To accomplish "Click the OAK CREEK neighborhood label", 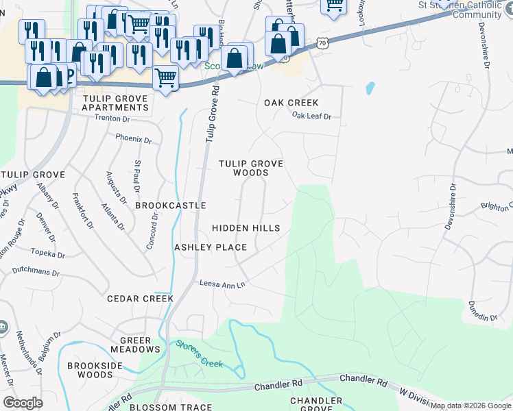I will pyautogui.click(x=291, y=103).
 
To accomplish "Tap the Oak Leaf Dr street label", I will pyautogui.click(x=311, y=116).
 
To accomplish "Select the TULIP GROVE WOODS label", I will pyautogui.click(x=251, y=169).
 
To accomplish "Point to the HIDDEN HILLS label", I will pyautogui.click(x=246, y=228).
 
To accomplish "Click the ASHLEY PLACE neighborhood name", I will pyautogui.click(x=210, y=247).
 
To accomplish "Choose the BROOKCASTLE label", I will pyautogui.click(x=171, y=206).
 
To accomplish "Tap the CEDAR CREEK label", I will pyautogui.click(x=140, y=299).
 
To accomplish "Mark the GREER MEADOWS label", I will pyautogui.click(x=140, y=345).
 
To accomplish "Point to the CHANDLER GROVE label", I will pyautogui.click(x=315, y=404).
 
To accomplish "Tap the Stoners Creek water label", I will pyautogui.click(x=199, y=353).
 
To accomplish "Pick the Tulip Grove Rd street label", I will pyautogui.click(x=212, y=113).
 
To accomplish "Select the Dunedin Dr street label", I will pyautogui.click(x=483, y=312).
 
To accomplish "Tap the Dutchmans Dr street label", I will pyautogui.click(x=36, y=271).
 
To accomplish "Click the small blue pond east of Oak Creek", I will pyautogui.click(x=370, y=88).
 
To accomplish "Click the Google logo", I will pyautogui.click(x=23, y=402).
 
